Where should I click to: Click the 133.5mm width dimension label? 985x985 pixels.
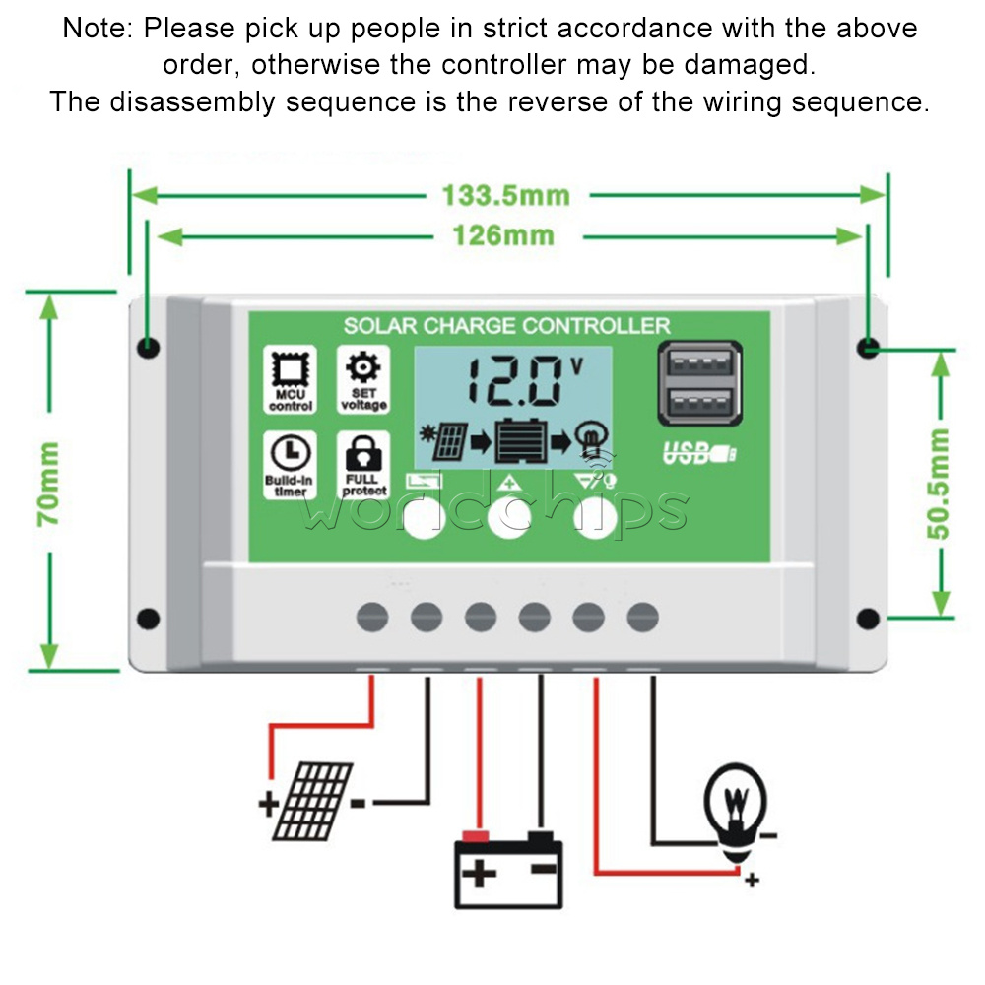pos(505,195)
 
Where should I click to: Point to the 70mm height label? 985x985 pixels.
pos(48,483)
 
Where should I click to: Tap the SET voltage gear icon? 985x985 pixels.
pos(363,368)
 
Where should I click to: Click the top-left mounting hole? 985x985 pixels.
pos(149,347)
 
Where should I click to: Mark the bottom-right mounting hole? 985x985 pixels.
pos(868,619)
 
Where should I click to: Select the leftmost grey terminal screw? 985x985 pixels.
pos(372,618)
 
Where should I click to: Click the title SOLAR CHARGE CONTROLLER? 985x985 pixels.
pos(506,326)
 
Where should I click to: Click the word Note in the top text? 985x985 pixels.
pos(94,28)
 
